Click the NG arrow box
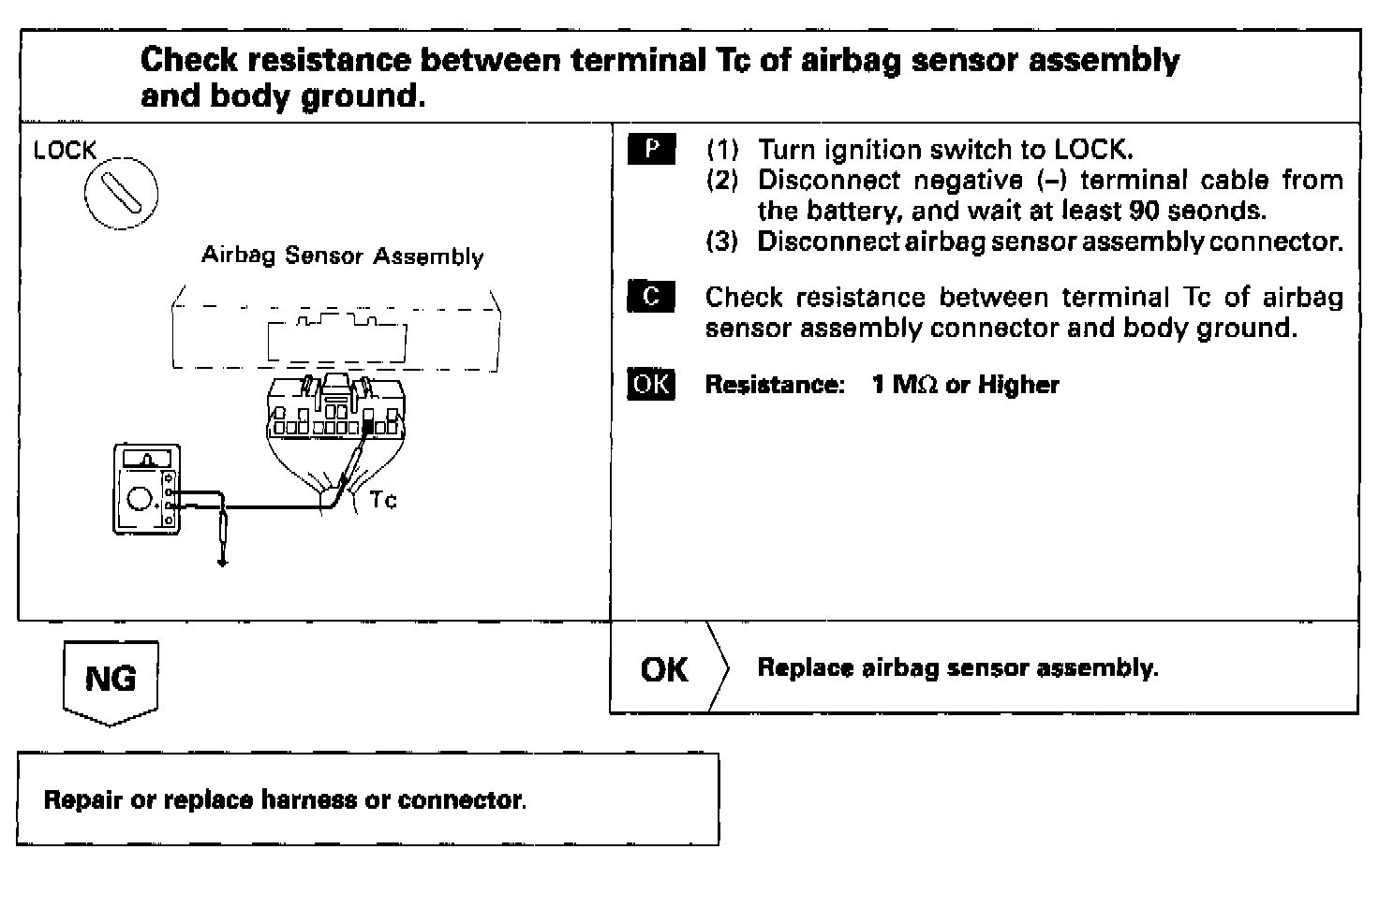point(110,681)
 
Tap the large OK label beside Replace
point(664,669)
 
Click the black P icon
point(650,150)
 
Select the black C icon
point(650,297)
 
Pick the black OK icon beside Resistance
point(650,384)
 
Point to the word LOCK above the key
point(65,151)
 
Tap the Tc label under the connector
point(383,500)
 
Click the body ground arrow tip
point(222,564)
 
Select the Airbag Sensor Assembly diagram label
point(342,256)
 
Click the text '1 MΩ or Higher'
point(965,385)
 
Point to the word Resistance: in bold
point(775,385)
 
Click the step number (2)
point(722,180)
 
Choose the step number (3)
point(722,242)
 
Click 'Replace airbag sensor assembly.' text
point(957,668)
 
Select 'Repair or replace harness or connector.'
point(285,800)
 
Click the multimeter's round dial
point(140,499)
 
